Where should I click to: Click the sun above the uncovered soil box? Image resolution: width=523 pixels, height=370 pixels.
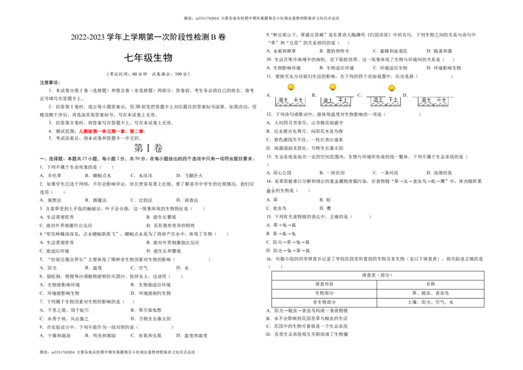(291, 87)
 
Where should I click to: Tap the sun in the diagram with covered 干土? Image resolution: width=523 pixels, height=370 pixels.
(333, 87)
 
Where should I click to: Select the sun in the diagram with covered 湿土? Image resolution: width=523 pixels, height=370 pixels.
(392, 88)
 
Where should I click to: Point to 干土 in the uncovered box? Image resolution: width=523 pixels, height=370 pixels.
(298, 100)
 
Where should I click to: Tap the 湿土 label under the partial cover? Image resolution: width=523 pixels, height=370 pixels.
(378, 100)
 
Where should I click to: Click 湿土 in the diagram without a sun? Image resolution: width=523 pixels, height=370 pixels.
(426, 100)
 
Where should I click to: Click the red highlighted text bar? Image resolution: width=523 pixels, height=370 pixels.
(112, 131)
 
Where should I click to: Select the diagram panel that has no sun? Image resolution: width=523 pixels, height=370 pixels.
(434, 97)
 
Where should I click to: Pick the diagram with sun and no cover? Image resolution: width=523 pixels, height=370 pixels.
(290, 94)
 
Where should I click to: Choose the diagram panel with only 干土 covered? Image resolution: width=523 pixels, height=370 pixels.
(337, 94)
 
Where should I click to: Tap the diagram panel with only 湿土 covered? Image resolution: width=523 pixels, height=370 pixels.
(382, 94)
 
